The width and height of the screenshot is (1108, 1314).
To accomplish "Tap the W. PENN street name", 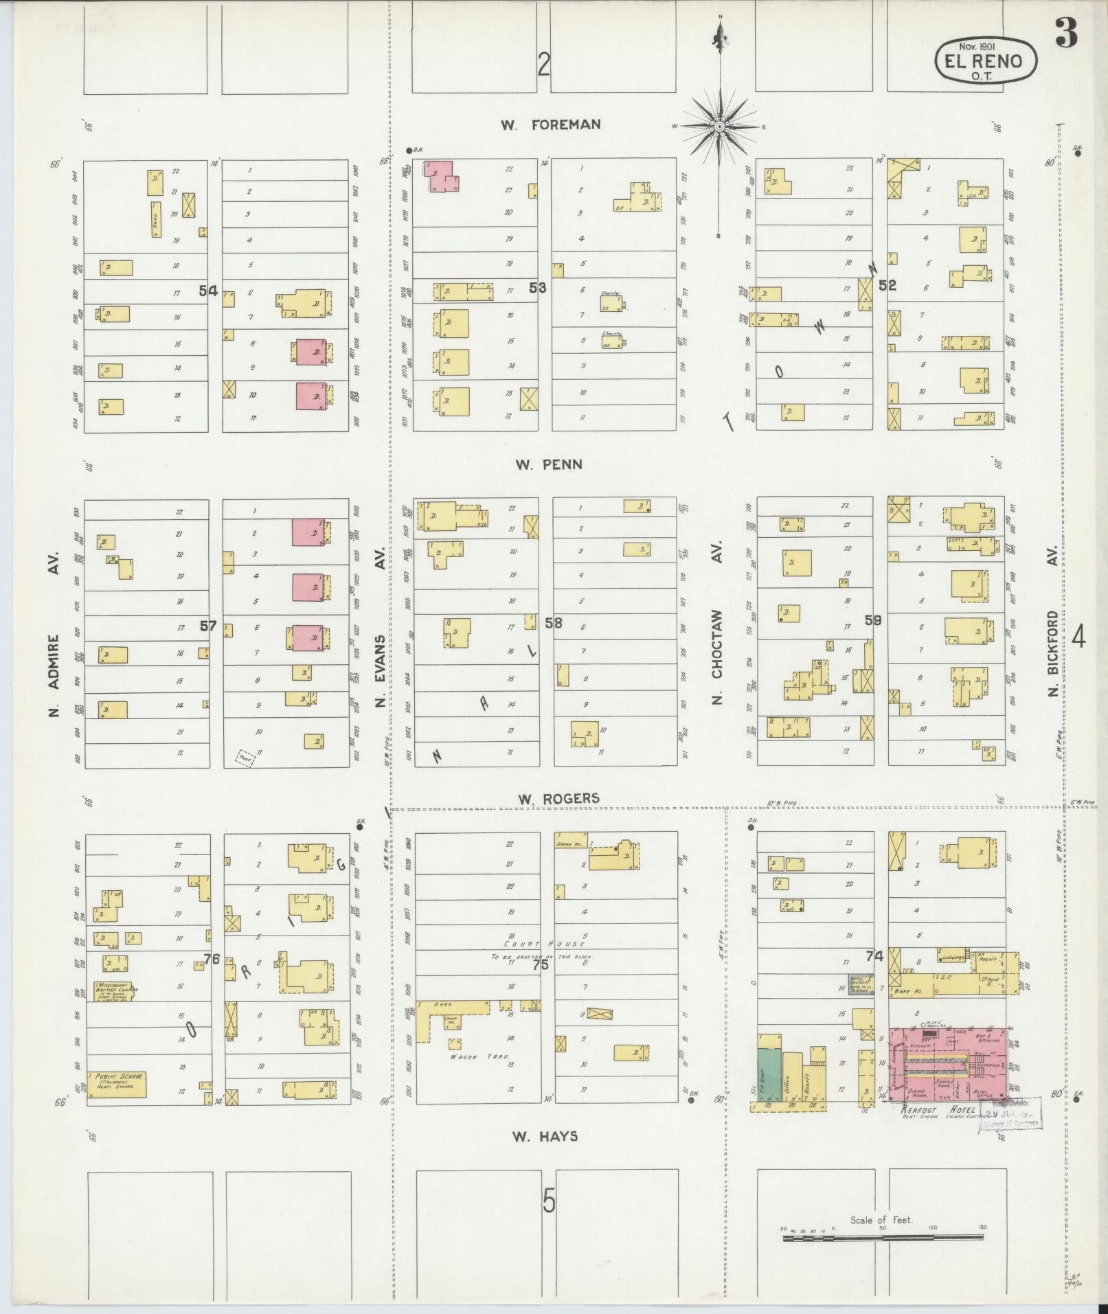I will click(x=549, y=464).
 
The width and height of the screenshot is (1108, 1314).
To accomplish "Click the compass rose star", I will click(x=719, y=126).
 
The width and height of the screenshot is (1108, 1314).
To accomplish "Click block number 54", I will click(x=208, y=291).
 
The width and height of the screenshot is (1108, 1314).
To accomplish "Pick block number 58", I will click(x=553, y=622).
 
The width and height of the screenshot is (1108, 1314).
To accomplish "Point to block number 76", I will click(x=211, y=958).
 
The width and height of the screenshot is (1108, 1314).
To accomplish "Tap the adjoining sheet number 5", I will click(x=548, y=1201).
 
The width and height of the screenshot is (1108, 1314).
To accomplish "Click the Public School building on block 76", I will click(x=117, y=1085).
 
